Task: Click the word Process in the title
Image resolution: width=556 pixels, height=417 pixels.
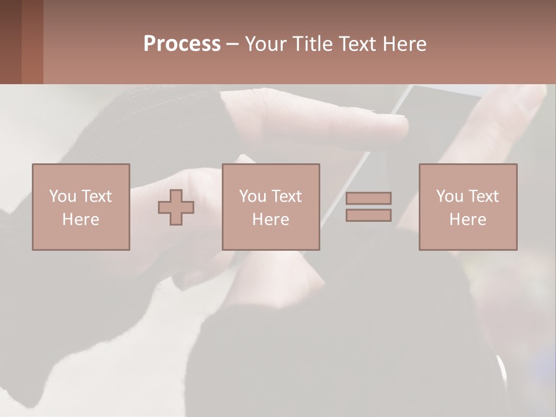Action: (x=182, y=44)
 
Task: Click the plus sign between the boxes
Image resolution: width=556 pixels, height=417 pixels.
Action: (x=176, y=207)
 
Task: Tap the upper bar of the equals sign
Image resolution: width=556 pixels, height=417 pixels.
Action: (x=368, y=198)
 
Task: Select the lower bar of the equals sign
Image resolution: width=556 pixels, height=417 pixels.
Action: (x=368, y=215)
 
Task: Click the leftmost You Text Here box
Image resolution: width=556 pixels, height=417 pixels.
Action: (x=81, y=207)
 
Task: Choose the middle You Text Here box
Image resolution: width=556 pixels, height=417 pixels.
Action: (x=270, y=207)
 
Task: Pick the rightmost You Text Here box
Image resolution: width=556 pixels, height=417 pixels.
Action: (x=468, y=207)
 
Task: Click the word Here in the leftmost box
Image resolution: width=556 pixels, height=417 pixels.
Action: (x=81, y=220)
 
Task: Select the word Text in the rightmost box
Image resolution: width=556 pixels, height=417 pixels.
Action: (x=484, y=196)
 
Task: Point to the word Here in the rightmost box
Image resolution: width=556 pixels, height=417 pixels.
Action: (x=468, y=220)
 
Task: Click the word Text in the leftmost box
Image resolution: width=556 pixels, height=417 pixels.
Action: (x=96, y=196)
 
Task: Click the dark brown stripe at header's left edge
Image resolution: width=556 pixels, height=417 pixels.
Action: (x=10, y=42)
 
